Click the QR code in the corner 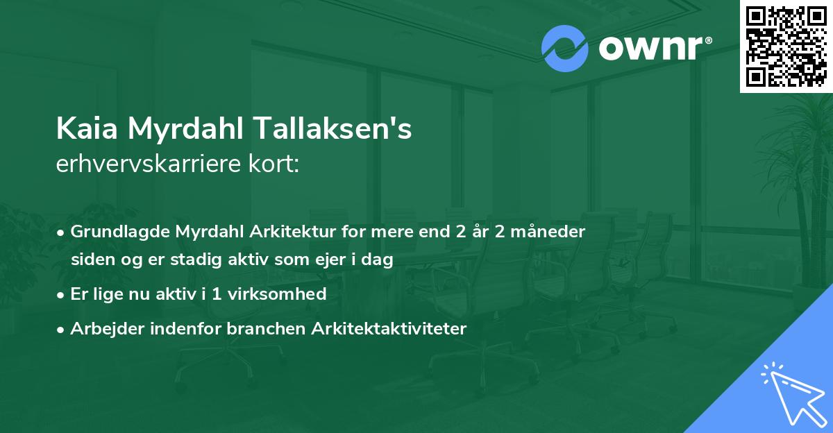point(786,46)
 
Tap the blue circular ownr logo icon point(564,49)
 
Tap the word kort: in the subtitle point(277,164)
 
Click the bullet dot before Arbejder point(62,329)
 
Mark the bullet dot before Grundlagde point(62,232)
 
